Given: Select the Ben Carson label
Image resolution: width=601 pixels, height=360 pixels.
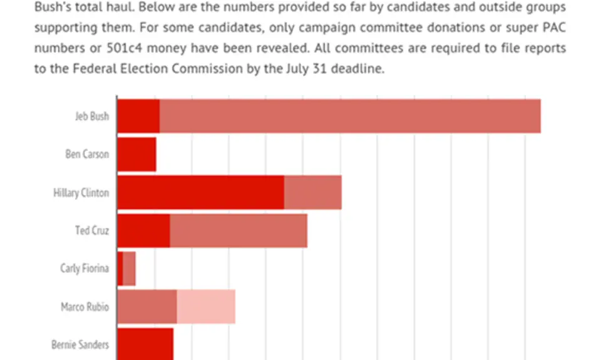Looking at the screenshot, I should (87, 154).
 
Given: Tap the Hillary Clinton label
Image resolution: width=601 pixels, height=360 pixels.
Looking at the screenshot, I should (81, 192).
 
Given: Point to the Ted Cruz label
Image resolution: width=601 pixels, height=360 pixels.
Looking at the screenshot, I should (92, 230).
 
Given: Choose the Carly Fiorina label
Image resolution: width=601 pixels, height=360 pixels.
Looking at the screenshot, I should (85, 269).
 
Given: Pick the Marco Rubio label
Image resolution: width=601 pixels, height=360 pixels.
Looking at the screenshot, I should (85, 307).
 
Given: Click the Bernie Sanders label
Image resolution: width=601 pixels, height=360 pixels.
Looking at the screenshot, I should (80, 344).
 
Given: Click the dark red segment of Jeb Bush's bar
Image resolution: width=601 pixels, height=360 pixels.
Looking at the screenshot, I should (138, 116).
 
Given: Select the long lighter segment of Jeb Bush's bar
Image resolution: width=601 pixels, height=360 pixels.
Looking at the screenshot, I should (350, 116).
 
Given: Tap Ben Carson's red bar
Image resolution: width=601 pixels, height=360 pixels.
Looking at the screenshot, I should (136, 154).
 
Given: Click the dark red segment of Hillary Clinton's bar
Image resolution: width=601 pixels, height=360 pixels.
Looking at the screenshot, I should (200, 192).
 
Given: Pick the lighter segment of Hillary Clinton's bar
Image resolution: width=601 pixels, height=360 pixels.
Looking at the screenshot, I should (313, 192).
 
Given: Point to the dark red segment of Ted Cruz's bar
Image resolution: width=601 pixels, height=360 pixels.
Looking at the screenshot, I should (143, 230).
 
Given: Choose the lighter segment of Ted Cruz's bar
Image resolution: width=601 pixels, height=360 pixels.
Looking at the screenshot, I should (239, 230).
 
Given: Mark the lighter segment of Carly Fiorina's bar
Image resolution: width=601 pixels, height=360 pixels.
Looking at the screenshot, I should (129, 269).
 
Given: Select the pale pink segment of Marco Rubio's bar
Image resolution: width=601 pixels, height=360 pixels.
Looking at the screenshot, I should (206, 307).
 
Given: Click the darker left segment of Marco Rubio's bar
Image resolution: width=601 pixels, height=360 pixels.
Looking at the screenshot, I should (147, 307).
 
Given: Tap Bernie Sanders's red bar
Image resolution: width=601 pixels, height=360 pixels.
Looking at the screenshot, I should (145, 344).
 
